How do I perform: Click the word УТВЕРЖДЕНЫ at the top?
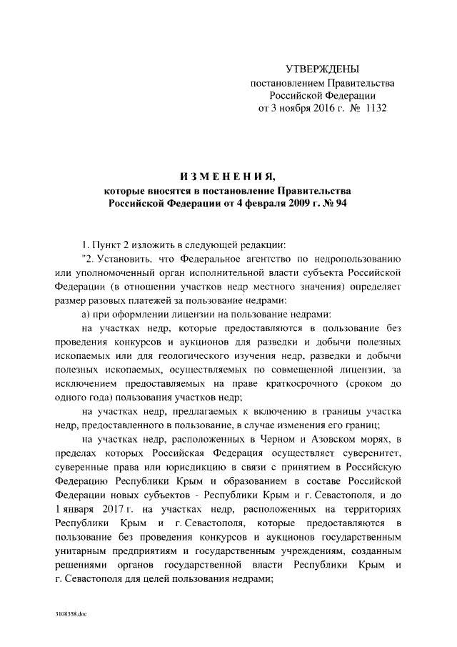click(321, 69)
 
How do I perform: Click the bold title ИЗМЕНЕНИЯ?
click(228, 176)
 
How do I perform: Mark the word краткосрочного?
click(298, 384)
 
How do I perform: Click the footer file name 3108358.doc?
click(70, 614)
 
